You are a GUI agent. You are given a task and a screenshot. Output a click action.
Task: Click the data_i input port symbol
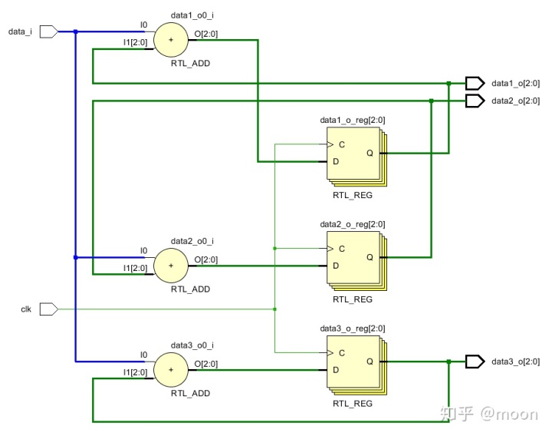[x=48, y=31]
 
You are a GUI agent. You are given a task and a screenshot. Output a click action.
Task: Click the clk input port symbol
[x=48, y=309]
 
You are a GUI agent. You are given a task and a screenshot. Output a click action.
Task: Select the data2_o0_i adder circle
[x=171, y=266]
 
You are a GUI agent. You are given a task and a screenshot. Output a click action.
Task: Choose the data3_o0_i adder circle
[x=171, y=370]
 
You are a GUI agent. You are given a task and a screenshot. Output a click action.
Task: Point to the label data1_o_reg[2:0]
[x=352, y=120]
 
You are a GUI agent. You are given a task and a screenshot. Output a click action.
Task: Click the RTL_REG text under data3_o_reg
[x=352, y=403]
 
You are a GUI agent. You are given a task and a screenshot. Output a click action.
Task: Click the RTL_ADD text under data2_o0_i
[x=190, y=289]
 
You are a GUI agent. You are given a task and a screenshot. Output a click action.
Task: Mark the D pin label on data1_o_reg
[x=335, y=161]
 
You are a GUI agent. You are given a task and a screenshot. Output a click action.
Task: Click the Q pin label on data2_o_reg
[x=370, y=257]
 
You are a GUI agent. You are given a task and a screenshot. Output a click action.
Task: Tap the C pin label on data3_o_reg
[x=341, y=353]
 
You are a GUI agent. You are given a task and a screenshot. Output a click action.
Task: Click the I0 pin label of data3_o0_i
[x=143, y=355]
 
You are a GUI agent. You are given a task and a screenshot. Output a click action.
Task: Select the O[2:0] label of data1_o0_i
[x=205, y=32]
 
